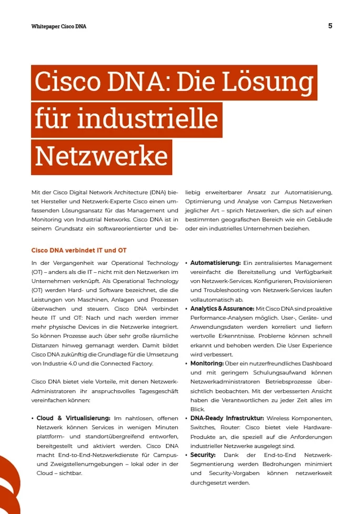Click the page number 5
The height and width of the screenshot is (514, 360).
tap(330, 26)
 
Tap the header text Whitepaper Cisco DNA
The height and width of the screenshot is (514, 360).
tap(58, 26)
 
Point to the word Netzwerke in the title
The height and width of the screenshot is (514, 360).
tap(102, 156)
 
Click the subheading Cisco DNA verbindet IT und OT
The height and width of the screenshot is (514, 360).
tap(79, 250)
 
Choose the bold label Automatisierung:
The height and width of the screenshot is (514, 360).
tap(215, 263)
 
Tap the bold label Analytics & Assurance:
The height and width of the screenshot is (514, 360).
tap(222, 309)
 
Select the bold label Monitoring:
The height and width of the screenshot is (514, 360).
tap(207, 363)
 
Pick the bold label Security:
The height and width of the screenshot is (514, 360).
tap(203, 454)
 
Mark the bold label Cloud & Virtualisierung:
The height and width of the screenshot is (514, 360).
tap(73, 418)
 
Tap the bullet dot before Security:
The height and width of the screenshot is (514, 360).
tap(186, 454)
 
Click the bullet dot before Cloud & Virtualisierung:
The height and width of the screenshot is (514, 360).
tap(33, 418)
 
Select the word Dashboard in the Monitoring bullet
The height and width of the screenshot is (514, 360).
tap(316, 363)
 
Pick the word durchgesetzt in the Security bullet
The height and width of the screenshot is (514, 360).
tap(208, 482)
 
